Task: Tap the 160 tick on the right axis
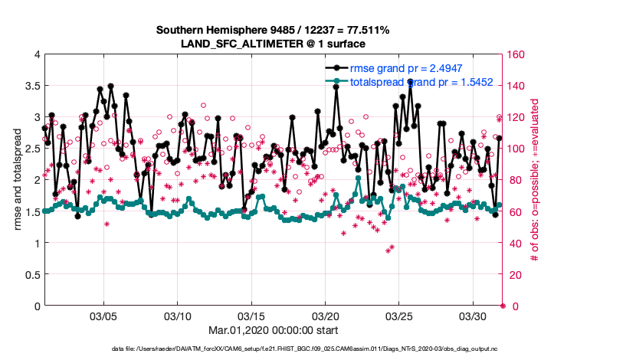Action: coord(516,54)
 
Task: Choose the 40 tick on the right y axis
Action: coord(514,244)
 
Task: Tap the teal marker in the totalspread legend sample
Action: coord(335,82)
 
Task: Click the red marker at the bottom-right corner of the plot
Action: coord(503,306)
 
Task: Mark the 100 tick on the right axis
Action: coord(516,149)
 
